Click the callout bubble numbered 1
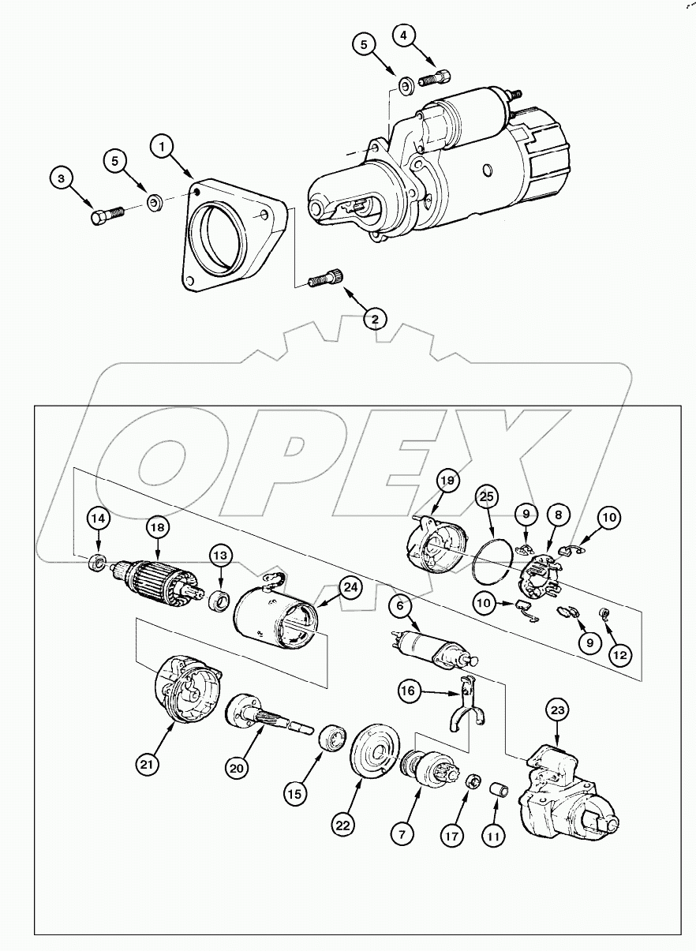point(163,147)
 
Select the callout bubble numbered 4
point(403,36)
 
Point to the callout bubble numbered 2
point(375,319)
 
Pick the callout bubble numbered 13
point(220,556)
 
